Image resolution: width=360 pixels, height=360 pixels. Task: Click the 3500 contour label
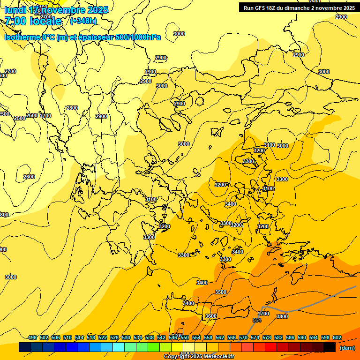220,292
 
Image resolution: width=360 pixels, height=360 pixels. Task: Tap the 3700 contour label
264,314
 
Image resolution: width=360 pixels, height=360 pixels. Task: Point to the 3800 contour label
282,316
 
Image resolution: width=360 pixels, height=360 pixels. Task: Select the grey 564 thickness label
257,320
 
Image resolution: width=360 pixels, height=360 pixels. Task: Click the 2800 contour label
72,108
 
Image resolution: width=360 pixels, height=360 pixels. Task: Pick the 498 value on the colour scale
32,337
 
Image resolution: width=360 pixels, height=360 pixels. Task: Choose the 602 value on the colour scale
337,337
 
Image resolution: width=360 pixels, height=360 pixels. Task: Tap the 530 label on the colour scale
126,337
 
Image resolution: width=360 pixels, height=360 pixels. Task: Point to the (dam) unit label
347,348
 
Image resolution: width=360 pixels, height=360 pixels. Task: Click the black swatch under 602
330,347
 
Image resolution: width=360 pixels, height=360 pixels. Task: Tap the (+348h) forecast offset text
83,21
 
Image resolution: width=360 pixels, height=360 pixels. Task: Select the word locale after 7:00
45,21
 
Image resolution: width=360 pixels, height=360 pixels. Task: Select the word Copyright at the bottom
176,356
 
